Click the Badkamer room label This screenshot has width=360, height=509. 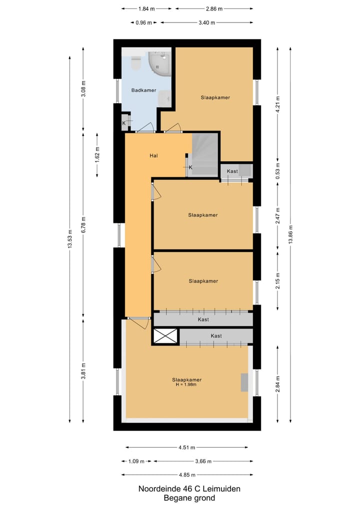point(143,90)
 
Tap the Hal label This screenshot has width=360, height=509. point(154,156)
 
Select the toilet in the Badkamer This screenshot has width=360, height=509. point(135,63)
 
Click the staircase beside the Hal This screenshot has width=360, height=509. point(205,154)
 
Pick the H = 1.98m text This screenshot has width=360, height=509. point(186,384)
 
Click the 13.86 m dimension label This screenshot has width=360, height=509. point(290,233)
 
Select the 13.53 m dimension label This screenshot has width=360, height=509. point(70,238)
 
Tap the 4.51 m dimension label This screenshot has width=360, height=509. point(186,447)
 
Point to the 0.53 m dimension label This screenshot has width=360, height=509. point(278,171)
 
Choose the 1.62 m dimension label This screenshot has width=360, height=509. point(97,154)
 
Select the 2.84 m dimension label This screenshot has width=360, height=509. point(278,384)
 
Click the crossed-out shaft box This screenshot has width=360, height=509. point(165,336)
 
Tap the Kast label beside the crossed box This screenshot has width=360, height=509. point(216,336)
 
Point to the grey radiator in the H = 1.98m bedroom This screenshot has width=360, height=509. point(244,382)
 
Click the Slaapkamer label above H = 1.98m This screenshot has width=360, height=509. point(186,379)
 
